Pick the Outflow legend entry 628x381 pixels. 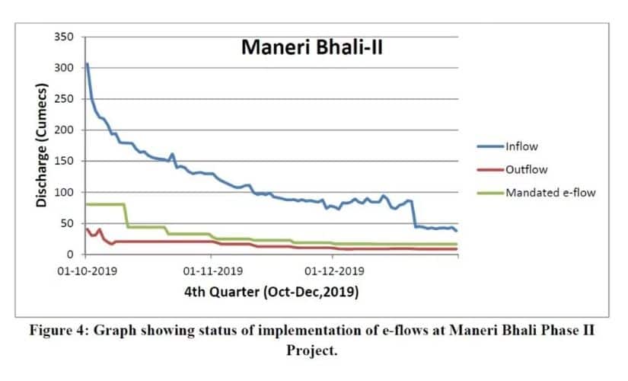click(x=525, y=170)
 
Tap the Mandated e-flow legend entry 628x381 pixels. click(x=550, y=192)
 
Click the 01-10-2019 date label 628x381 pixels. click(x=88, y=270)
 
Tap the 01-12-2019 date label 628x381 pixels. click(x=333, y=270)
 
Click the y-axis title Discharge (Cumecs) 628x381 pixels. click(x=43, y=146)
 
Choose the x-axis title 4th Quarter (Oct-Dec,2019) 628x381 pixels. click(x=271, y=292)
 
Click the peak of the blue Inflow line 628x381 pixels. click(x=88, y=64)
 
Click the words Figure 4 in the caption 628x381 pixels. click(x=56, y=333)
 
